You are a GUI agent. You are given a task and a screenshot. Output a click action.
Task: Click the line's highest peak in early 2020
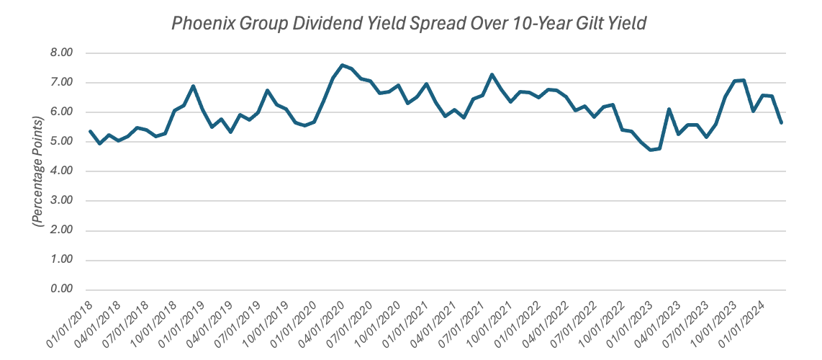342,65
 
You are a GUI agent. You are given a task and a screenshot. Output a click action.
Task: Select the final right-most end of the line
781,122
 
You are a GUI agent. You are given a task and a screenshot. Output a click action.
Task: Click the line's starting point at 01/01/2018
90,131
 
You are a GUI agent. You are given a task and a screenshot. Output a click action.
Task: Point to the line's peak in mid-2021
492,74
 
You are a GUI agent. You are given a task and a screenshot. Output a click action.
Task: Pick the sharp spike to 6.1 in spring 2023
669,109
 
